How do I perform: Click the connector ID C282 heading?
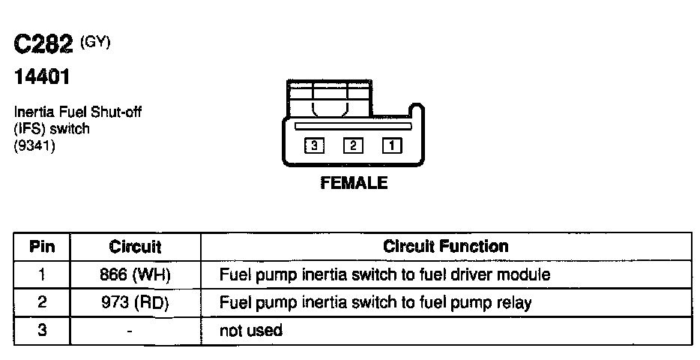[x=43, y=46]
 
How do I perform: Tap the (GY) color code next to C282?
[x=95, y=43]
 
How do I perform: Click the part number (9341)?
[x=34, y=145]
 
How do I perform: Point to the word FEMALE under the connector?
[x=354, y=183]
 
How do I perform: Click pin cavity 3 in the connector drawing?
[x=313, y=146]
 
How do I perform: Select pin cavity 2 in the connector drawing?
[x=353, y=146]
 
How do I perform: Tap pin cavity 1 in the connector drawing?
[x=392, y=146]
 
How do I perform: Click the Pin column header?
[x=42, y=246]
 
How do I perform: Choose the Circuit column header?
[x=135, y=246]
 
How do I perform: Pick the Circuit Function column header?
[x=445, y=246]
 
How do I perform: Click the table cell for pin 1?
[x=42, y=274]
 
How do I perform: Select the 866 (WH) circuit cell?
[x=135, y=274]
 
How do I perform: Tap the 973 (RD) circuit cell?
[x=135, y=303]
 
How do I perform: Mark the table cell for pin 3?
[x=42, y=330]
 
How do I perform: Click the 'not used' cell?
[x=250, y=330]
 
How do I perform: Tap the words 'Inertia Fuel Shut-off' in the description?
[x=78, y=112]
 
